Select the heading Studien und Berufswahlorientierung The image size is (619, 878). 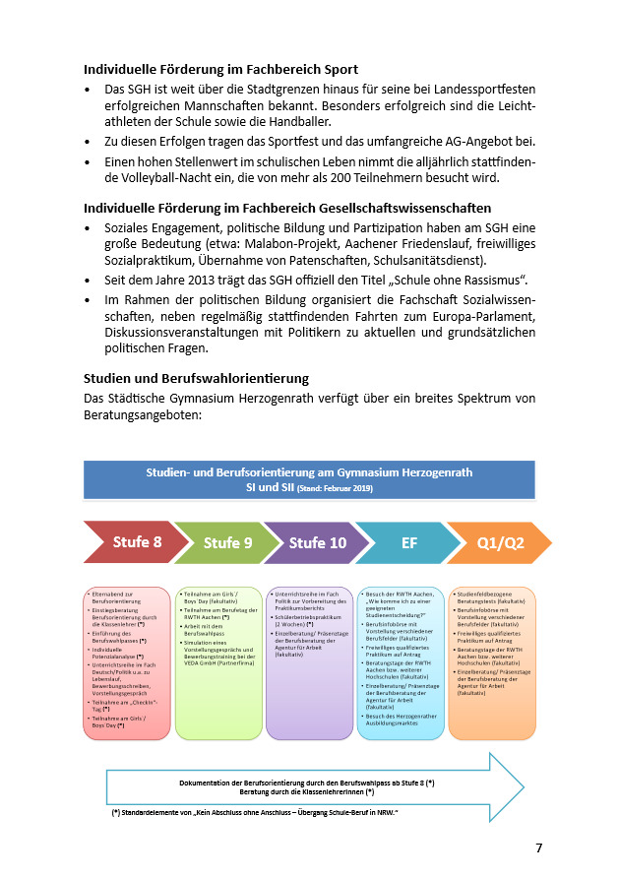tap(196, 378)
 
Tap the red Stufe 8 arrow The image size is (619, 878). tap(136, 542)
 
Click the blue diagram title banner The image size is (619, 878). tap(309, 479)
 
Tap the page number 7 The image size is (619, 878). tap(538, 847)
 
